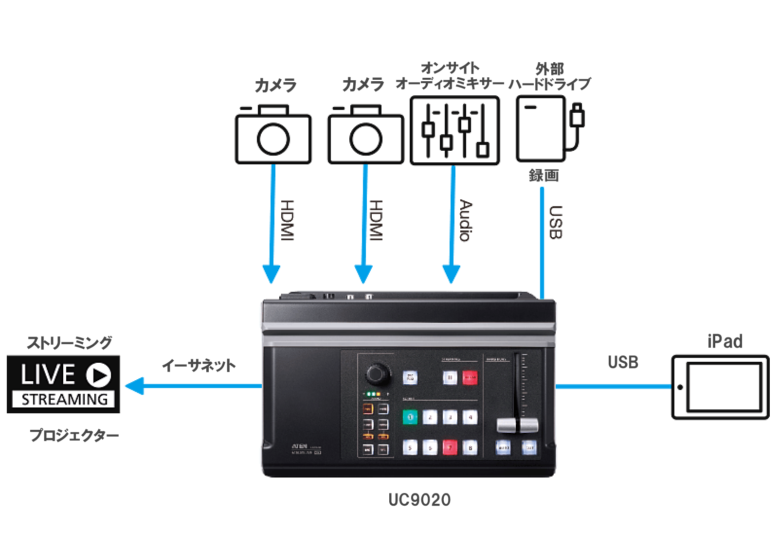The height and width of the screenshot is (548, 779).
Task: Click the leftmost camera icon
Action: pyautogui.click(x=273, y=135)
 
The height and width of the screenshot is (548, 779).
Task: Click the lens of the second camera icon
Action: pyautogui.click(x=365, y=139)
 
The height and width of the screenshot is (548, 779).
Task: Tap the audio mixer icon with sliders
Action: pyautogui.click(x=454, y=130)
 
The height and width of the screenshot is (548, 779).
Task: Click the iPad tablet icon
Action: pyautogui.click(x=720, y=387)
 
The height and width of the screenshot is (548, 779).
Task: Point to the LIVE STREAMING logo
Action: pyautogui.click(x=63, y=385)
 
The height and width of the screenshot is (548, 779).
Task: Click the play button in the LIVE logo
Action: pyautogui.click(x=99, y=375)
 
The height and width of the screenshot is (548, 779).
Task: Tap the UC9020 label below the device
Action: pyautogui.click(x=419, y=500)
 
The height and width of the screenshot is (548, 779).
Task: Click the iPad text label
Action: pyautogui.click(x=725, y=341)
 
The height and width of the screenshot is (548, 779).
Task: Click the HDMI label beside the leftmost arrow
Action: pyautogui.click(x=288, y=220)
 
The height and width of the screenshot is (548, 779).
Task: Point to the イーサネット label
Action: pyautogui.click(x=199, y=365)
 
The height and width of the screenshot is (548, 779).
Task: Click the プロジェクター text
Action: pyautogui.click(x=74, y=435)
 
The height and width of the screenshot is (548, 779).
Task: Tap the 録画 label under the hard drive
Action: pyautogui.click(x=543, y=175)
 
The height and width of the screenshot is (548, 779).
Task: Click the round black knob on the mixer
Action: pyautogui.click(x=377, y=373)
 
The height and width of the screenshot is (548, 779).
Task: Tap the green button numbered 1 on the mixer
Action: pyautogui.click(x=410, y=417)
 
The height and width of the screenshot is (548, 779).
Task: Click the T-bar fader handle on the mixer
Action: pyautogui.click(x=517, y=424)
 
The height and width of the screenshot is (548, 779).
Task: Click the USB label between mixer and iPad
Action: pyautogui.click(x=623, y=362)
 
